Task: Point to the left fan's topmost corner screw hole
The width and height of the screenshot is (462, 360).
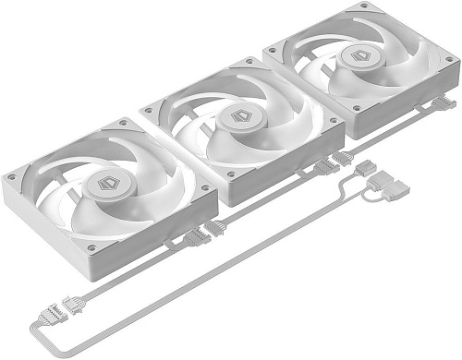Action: (121, 123)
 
